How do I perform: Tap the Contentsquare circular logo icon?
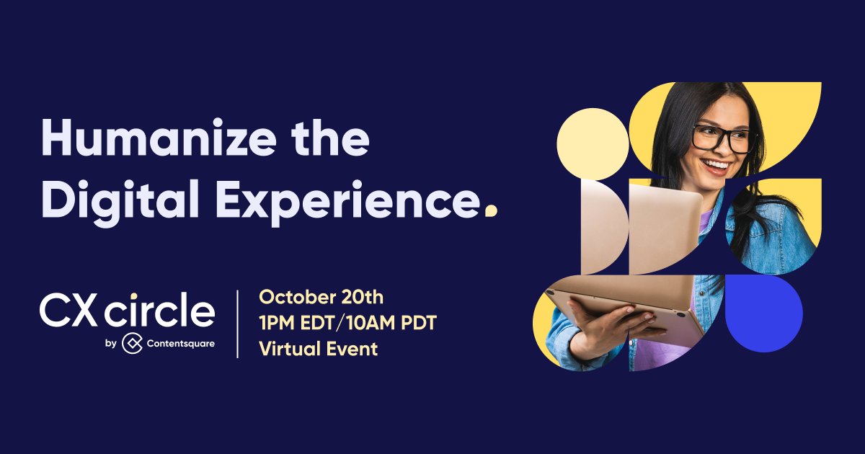(x=130, y=344)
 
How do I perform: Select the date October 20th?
(x=321, y=297)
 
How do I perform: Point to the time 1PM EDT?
(x=297, y=323)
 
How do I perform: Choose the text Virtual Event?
(x=318, y=349)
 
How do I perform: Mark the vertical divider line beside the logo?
(x=237, y=324)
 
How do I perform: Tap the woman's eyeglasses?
(x=721, y=137)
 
